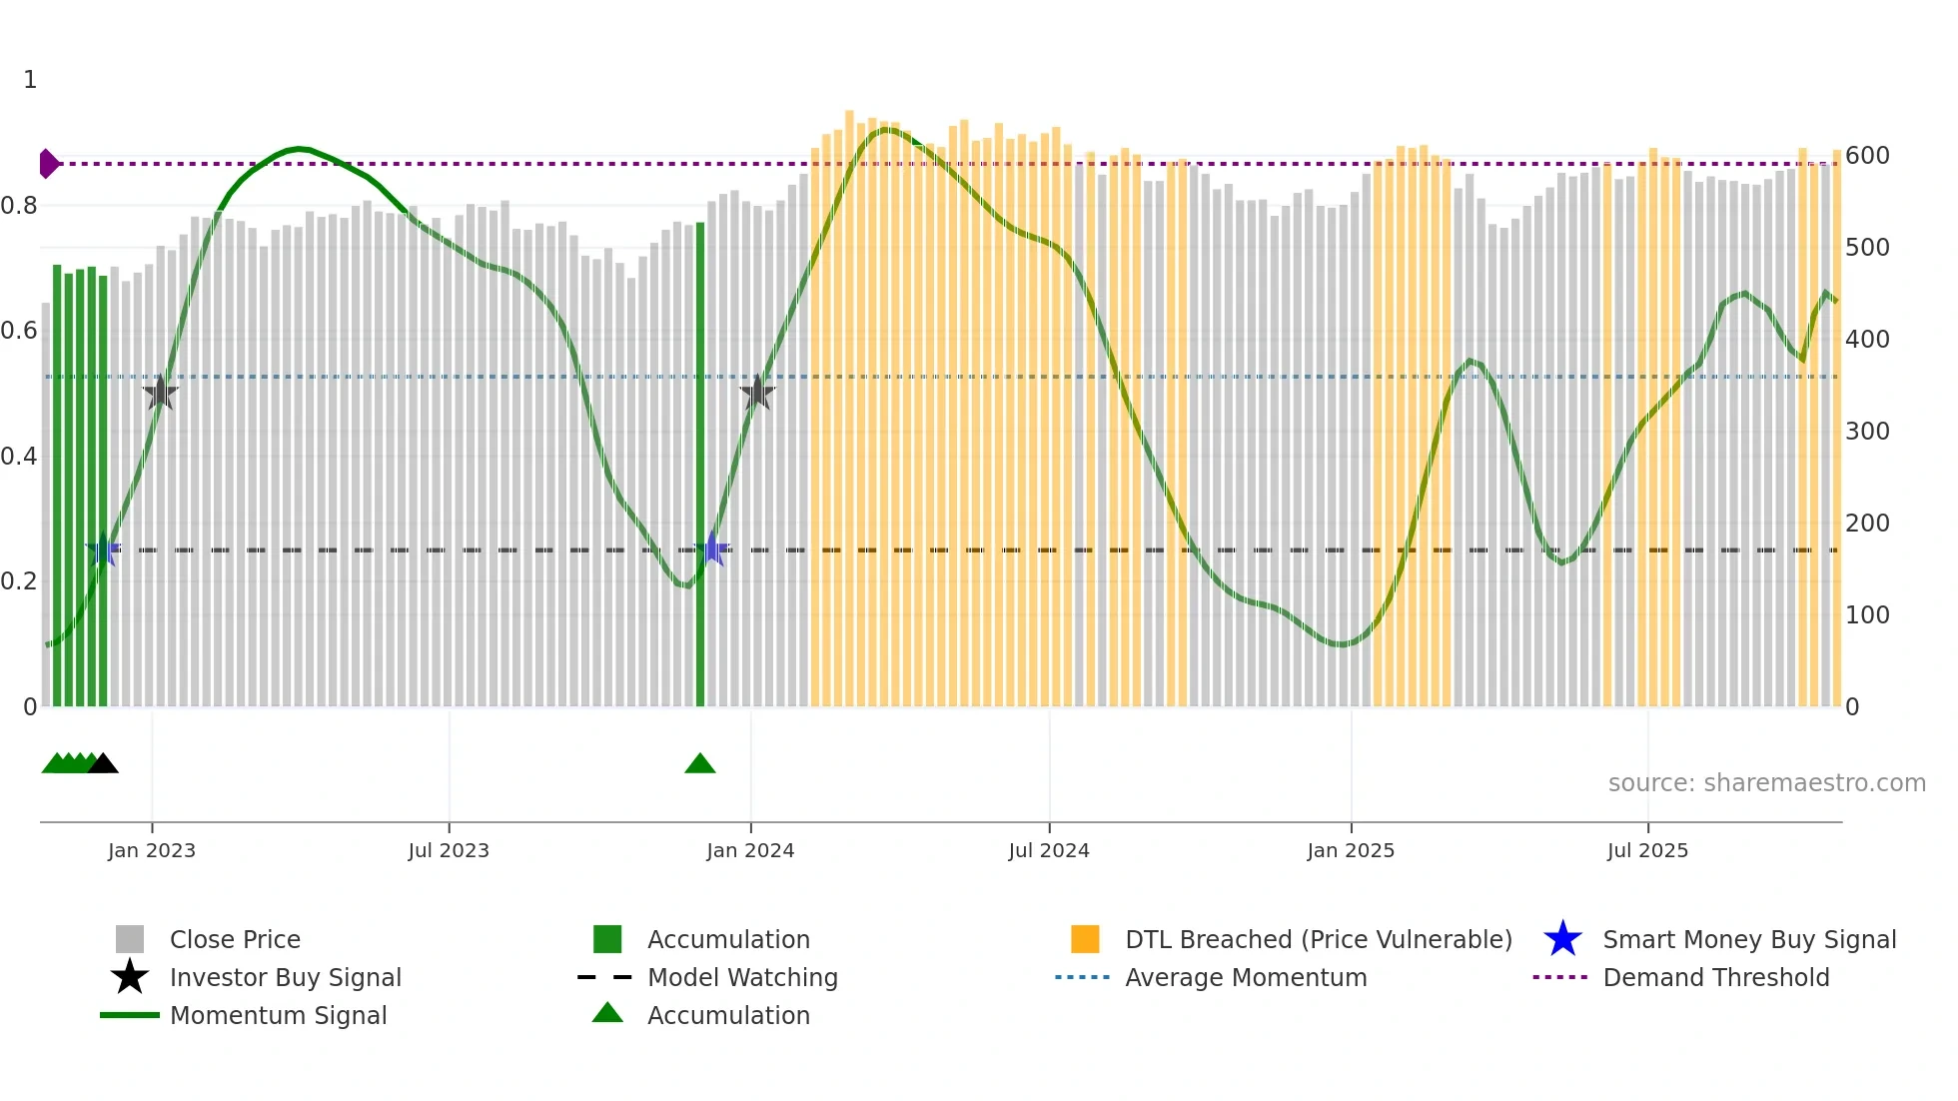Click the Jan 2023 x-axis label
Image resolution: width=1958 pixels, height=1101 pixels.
[x=152, y=850]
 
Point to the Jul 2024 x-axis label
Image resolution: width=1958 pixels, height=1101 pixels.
[x=1048, y=850]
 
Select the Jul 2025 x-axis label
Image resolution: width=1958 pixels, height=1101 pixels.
[x=1647, y=850]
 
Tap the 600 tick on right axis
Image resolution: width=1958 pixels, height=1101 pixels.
[x=1867, y=156]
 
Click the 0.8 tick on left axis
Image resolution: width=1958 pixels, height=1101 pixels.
[x=19, y=206]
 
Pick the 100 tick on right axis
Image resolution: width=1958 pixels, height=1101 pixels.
[x=1867, y=615]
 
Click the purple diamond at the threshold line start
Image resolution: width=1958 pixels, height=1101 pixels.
[x=48, y=164]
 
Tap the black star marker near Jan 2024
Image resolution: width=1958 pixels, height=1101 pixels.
[x=757, y=393]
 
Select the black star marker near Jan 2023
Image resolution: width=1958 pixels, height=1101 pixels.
[x=160, y=393]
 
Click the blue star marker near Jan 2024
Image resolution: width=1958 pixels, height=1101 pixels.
[x=711, y=549]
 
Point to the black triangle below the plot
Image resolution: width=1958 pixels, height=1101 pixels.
[x=103, y=763]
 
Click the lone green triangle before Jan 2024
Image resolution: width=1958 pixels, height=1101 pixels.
[x=700, y=764]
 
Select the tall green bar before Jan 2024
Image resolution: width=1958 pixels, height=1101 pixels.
[x=700, y=465]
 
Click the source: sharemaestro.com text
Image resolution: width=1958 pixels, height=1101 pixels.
[x=1766, y=783]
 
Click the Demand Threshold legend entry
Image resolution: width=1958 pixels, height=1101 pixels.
[x=1715, y=978]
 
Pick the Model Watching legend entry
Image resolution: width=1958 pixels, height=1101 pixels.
[x=741, y=978]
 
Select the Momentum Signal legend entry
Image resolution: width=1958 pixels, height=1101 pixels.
[x=278, y=1016]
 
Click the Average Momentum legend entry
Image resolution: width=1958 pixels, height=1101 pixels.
[x=1245, y=978]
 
